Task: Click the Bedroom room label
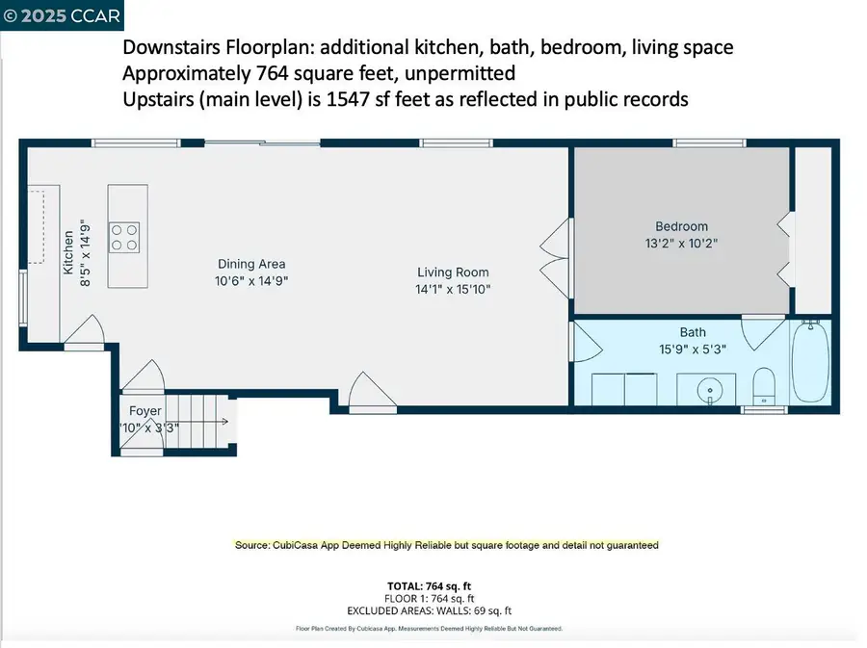(x=681, y=227)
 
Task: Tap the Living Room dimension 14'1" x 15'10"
(x=453, y=289)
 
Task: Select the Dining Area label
(x=251, y=264)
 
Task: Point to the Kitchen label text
(x=68, y=252)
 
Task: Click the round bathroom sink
(x=711, y=390)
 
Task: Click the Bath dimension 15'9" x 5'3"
(x=693, y=350)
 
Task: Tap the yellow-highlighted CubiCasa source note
(x=447, y=545)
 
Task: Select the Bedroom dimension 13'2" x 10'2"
(x=681, y=245)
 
